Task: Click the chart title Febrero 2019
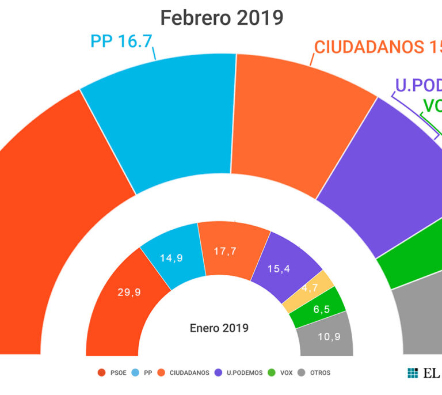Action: pos(222,18)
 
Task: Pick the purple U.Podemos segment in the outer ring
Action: pos(380,173)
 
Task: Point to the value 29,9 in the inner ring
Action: pos(129,292)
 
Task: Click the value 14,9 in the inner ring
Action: pos(172,258)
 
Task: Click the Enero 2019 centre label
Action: pos(219,328)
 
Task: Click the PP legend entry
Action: pos(143,373)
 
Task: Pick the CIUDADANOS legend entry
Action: pos(185,373)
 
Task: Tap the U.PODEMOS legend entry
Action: pos(240,373)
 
